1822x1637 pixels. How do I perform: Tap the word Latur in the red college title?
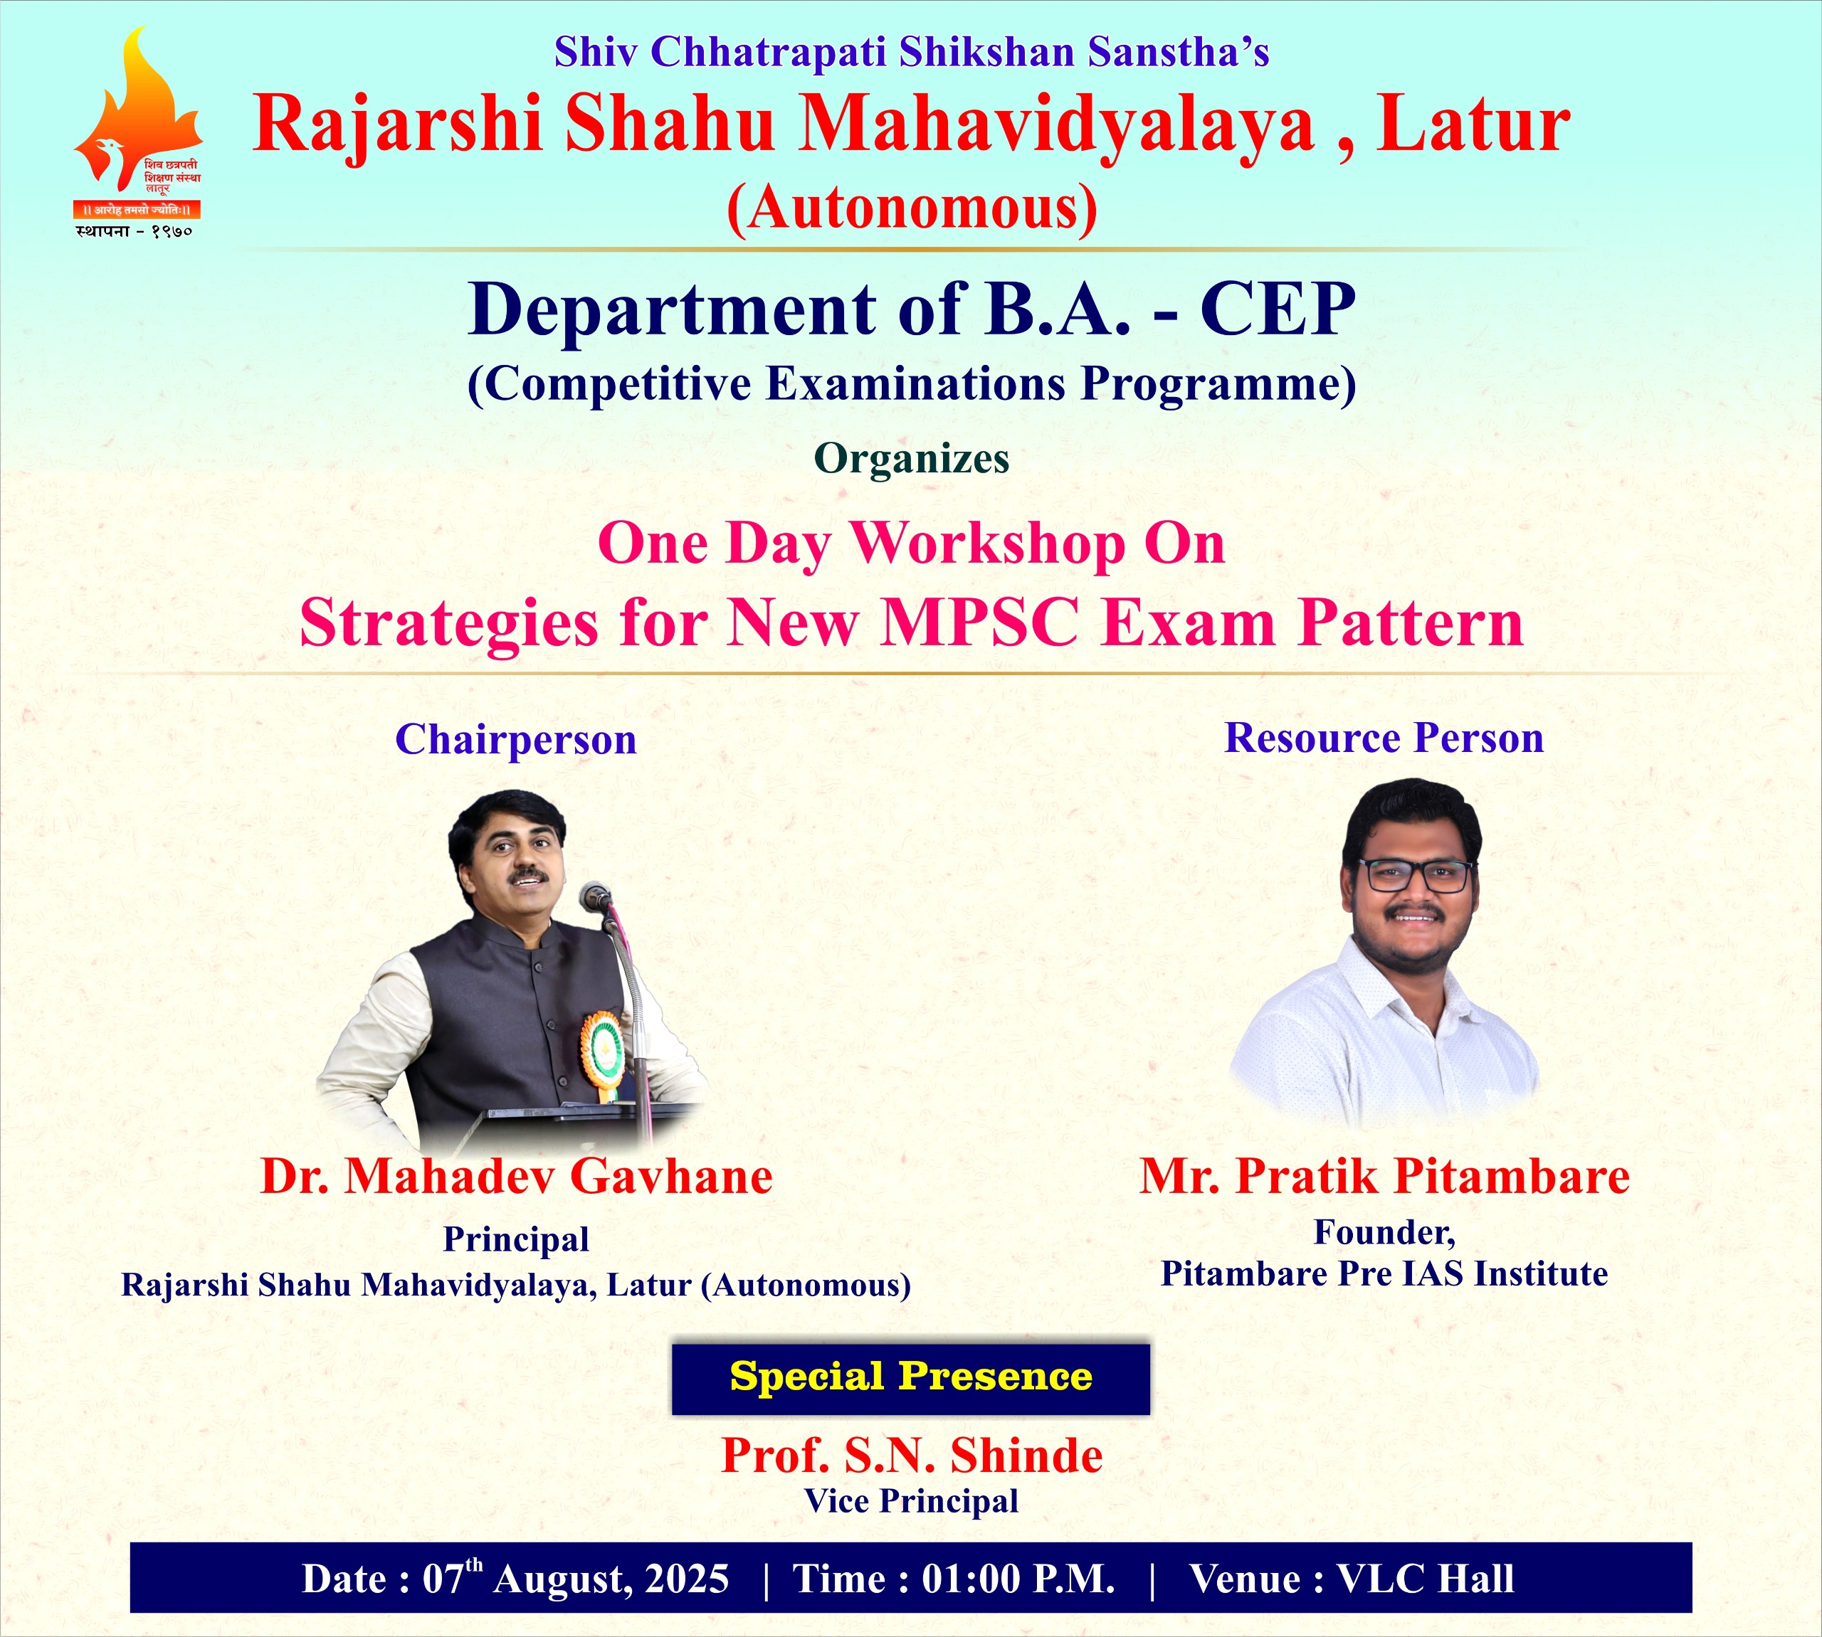click(1475, 125)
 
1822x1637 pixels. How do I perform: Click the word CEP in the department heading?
click(1278, 309)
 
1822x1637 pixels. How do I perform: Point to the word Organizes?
click(912, 459)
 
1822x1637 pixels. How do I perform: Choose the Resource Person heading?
click(1384, 738)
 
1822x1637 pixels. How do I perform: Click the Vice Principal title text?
click(912, 1500)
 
